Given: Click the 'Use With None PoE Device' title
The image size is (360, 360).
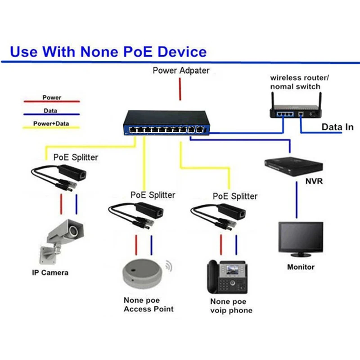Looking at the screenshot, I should pyautogui.click(x=108, y=51).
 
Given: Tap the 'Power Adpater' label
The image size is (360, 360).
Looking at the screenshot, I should pyautogui.click(x=181, y=70).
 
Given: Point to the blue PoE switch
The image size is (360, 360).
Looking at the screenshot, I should pyautogui.click(x=165, y=124).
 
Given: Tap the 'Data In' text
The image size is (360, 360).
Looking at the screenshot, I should pyautogui.click(x=337, y=127).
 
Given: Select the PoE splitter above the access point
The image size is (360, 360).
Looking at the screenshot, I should pyautogui.click(x=137, y=213).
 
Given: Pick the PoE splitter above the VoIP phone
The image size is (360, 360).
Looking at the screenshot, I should pyautogui.click(x=220, y=214).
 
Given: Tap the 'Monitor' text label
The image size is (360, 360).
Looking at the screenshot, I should pyautogui.click(x=301, y=267).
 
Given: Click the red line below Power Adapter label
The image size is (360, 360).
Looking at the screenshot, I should pyautogui.click(x=180, y=89).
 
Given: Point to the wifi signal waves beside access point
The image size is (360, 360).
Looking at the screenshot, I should pyautogui.click(x=169, y=266).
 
